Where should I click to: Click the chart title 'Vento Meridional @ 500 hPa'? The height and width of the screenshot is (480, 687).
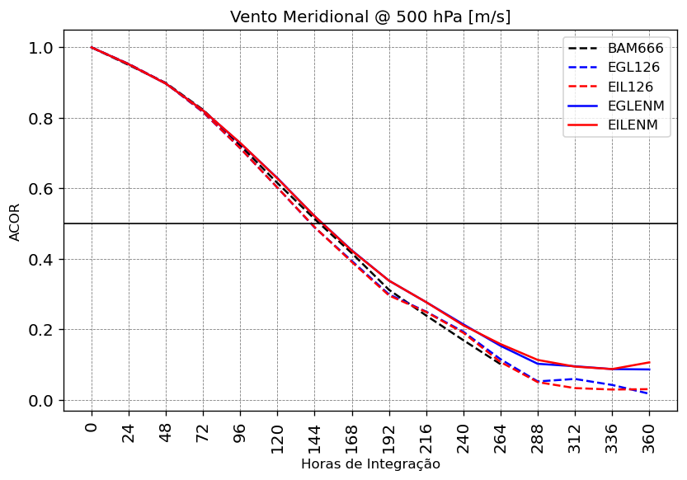click(370, 16)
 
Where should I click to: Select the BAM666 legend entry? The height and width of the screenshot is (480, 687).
click(635, 48)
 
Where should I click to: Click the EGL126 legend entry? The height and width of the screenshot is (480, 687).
click(633, 68)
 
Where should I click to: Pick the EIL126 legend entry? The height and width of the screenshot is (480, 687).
click(630, 87)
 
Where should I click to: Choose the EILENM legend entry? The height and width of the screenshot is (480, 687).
click(633, 125)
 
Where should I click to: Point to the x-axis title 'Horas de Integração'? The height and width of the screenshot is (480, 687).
click(370, 464)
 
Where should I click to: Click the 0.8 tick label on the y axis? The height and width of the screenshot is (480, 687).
click(40, 119)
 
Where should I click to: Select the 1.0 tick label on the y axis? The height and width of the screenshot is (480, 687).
click(40, 48)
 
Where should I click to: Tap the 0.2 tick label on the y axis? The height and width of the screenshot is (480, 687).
click(40, 330)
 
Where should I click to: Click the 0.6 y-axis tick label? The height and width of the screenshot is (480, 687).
click(40, 189)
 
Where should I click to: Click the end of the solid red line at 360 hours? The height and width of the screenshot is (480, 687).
click(650, 362)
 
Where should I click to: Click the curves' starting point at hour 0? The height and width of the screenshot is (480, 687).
click(92, 48)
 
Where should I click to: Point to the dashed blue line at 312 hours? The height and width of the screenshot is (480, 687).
click(576, 379)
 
